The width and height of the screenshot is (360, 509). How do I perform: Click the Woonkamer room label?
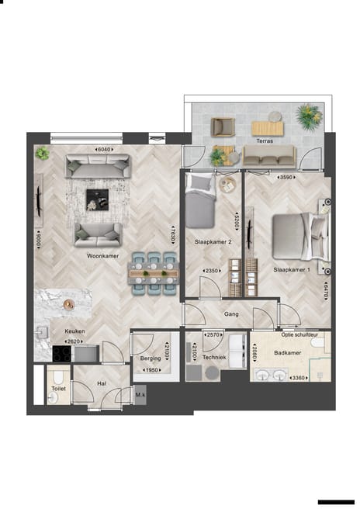[x=102, y=254]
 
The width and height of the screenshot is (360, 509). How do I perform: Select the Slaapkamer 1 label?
[x=291, y=270]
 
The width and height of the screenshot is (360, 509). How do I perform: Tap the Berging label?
[x=150, y=358]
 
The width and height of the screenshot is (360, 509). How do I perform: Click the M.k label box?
[x=140, y=396]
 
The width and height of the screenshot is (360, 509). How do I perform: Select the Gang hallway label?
[x=230, y=314]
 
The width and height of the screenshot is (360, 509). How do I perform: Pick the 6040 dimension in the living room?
[x=103, y=149]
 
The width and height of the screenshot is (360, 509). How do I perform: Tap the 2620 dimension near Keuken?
[x=74, y=341]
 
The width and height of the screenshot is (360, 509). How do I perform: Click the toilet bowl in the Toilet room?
[x=53, y=396]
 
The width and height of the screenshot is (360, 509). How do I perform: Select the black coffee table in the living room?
[x=97, y=199]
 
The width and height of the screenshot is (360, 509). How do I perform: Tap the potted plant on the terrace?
[x=308, y=116]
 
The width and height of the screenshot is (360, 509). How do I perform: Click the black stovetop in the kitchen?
[x=61, y=353]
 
